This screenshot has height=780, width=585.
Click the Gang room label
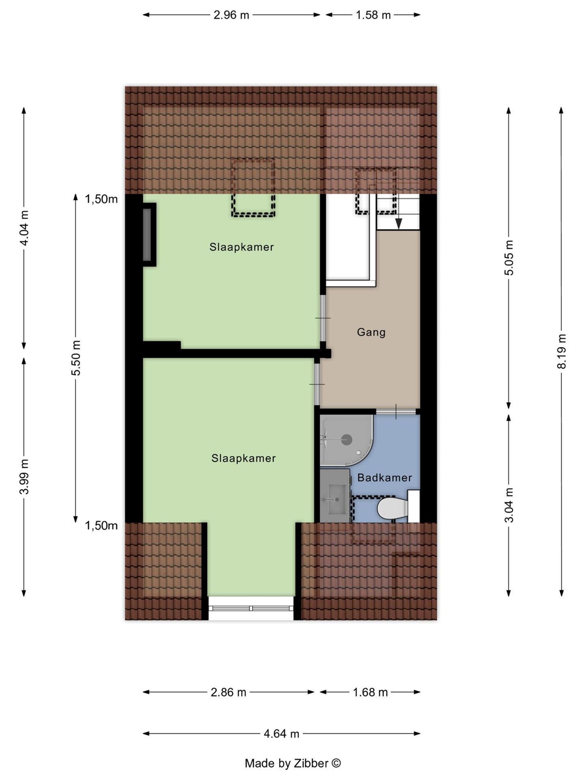pyautogui.click(x=371, y=332)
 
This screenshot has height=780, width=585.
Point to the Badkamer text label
pyautogui.click(x=384, y=478)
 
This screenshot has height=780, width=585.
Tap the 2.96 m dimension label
pyautogui.click(x=231, y=15)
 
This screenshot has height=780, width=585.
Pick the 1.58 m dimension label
pyautogui.click(x=373, y=15)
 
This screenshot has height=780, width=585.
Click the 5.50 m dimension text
pyautogui.click(x=76, y=358)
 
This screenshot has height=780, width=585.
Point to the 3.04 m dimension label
pyautogui.click(x=509, y=505)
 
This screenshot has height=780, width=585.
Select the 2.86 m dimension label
pyautogui.click(x=229, y=692)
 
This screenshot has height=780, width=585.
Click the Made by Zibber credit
pyautogui.click(x=292, y=763)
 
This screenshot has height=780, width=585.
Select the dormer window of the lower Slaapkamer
pyautogui.click(x=251, y=608)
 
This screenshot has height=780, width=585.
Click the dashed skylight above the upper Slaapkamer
pyautogui.click(x=253, y=188)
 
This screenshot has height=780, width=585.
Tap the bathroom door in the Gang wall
pyautogui.click(x=396, y=411)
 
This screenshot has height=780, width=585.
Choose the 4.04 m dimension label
pyautogui.click(x=24, y=228)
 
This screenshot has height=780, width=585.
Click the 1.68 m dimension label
pyautogui.click(x=370, y=692)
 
